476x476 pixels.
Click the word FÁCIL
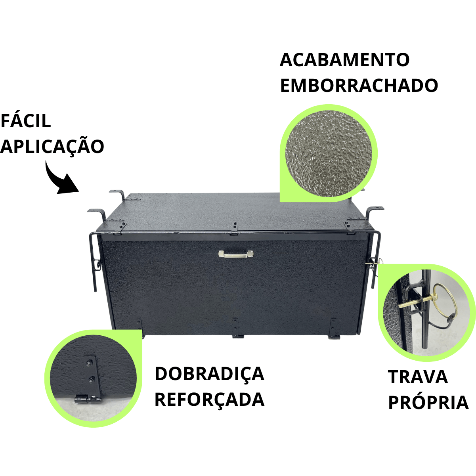[26, 121]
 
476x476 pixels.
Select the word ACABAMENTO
[344, 60]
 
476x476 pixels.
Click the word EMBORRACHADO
[359, 86]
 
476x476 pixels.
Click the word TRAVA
[418, 377]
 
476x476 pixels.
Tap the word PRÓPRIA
[428, 403]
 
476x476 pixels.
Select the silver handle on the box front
[236, 254]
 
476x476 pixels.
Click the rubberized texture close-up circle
[329, 153]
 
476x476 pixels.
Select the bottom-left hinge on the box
[139, 325]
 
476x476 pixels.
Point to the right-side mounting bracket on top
[373, 212]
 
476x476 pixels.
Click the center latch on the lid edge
[234, 229]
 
